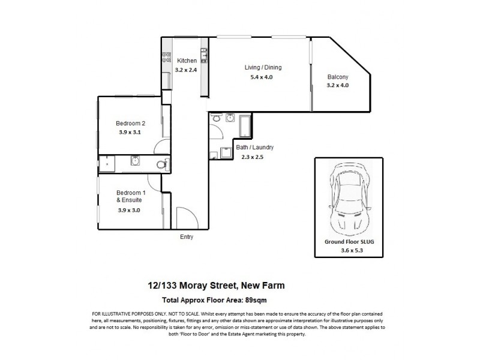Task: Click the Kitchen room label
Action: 186,61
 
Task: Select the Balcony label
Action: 337,76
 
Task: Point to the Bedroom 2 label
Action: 131,123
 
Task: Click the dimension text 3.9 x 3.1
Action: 131,133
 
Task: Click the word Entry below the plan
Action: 187,237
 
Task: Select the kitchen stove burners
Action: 164,58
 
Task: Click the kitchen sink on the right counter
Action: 204,56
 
